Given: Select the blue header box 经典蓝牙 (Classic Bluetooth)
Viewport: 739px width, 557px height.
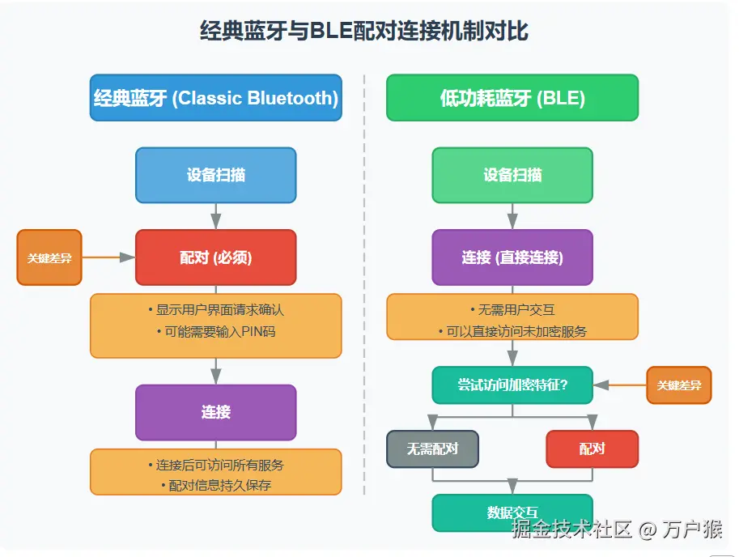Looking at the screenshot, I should point(215,98).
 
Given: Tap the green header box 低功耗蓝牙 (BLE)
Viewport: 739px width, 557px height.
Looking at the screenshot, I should point(512,98).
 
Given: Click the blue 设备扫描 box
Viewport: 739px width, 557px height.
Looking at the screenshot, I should point(215,175).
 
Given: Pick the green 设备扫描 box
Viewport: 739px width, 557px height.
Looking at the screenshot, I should point(512,175).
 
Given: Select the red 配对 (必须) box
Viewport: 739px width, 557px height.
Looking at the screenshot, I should point(215,257).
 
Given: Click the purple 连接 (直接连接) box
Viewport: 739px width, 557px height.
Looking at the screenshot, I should point(512,257).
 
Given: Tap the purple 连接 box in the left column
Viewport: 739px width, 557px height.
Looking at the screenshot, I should point(215,412).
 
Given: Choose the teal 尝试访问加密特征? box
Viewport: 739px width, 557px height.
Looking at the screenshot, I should point(512,385).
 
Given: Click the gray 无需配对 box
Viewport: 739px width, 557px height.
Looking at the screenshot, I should point(432,449).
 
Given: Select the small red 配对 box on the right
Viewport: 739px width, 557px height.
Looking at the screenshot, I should point(592,449).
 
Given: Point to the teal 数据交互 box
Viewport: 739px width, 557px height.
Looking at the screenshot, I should point(512,512).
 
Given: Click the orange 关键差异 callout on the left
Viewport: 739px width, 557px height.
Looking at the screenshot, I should point(49,257).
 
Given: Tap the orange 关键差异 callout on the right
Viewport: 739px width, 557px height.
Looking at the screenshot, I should point(678,385).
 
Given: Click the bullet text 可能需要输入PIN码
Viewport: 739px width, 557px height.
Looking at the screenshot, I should point(215,332).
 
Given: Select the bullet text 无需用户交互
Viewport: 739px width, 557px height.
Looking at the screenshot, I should point(512,310).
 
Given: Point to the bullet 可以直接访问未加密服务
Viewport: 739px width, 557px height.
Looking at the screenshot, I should point(512,331).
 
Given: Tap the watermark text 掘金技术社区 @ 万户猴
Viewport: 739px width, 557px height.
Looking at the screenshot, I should point(616,529).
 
